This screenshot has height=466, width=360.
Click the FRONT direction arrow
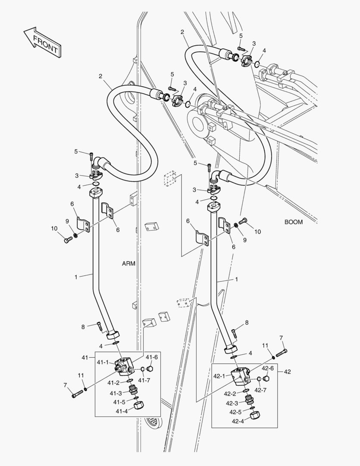[42, 42]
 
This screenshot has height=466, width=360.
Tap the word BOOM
[293, 222]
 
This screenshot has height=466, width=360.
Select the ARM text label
[129, 264]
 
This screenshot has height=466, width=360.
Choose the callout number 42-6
[267, 368]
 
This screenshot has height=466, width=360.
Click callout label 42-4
[238, 421]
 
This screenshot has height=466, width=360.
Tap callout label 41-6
[151, 357]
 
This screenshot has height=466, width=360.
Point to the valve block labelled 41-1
[125, 365]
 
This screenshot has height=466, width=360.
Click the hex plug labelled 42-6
[266, 379]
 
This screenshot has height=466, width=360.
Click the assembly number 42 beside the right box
[287, 372]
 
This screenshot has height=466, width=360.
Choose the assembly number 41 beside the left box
[85, 358]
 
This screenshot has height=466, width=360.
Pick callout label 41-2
[113, 383]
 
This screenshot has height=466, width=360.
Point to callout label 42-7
[260, 390]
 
